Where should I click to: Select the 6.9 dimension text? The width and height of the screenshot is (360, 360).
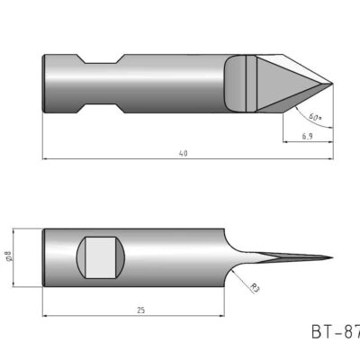(308, 136)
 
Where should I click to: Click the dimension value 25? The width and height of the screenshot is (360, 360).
(141, 310)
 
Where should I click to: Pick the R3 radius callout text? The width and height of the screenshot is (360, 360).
(255, 289)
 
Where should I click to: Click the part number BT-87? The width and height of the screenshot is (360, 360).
(335, 333)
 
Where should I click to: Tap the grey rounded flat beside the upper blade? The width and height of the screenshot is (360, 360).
(235, 85)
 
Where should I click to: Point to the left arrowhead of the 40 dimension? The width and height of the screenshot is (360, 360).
(45, 159)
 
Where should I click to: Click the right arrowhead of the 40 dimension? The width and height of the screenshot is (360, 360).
(331, 159)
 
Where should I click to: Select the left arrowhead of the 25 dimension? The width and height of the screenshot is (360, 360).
(45, 316)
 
